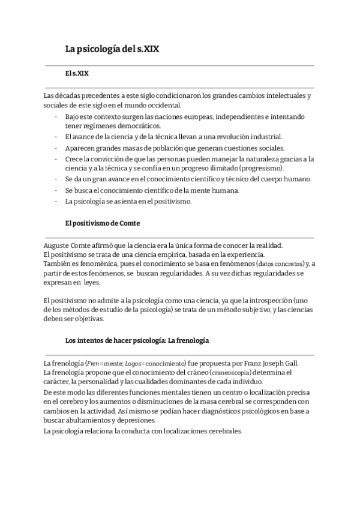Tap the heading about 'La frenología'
click(137, 340)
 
